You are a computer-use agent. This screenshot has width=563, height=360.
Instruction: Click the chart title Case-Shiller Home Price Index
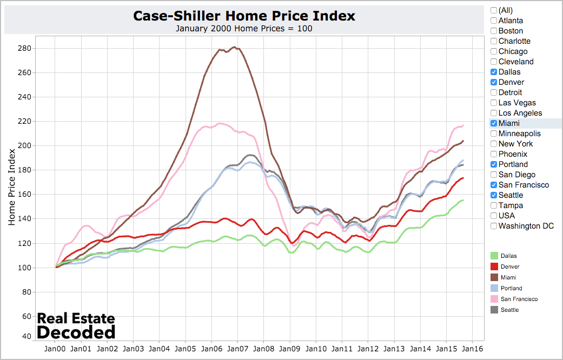244,16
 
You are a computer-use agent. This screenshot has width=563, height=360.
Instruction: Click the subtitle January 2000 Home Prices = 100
244,29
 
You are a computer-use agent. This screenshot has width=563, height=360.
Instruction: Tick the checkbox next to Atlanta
494,21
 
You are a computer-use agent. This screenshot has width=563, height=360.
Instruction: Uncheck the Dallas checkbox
494,72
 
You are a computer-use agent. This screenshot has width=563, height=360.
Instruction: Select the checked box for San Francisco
494,185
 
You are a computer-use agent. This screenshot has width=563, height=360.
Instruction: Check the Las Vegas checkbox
494,103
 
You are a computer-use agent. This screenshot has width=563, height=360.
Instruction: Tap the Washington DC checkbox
494,226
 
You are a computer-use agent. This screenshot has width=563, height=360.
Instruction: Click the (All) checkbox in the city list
494,10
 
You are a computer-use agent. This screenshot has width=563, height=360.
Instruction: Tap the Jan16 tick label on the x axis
472,349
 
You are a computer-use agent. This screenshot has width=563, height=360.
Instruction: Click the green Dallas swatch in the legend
493,256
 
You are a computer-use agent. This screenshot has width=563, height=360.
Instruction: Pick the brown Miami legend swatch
493,277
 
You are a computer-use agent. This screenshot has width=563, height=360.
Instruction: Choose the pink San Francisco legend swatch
493,299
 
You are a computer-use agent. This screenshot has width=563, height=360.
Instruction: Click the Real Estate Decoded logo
76,325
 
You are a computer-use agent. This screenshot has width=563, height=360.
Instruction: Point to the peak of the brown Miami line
234,47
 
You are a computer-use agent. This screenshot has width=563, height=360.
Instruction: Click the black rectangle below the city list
551,241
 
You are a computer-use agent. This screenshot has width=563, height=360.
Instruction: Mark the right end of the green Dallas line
463,201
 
